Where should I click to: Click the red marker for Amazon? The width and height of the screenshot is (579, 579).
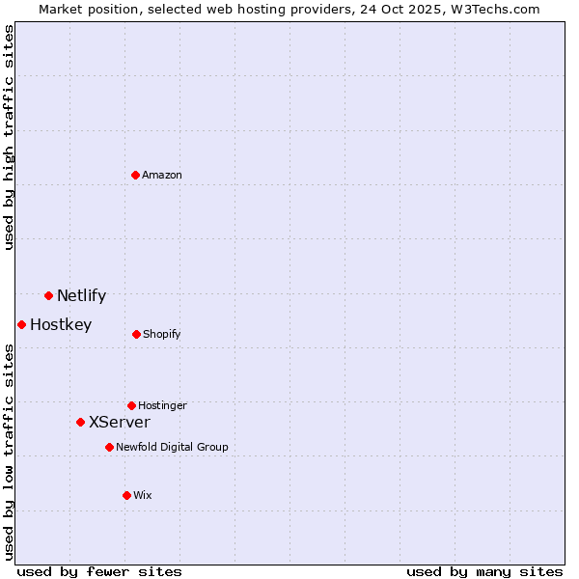135,175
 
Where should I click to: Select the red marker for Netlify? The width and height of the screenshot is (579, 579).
48,295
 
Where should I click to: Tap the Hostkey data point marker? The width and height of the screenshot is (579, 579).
21,324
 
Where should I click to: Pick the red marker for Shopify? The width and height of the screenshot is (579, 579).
136,334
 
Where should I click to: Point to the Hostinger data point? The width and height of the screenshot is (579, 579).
131,405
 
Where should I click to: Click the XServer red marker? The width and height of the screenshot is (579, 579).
80,422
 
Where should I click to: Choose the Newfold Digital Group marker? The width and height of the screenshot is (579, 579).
109,447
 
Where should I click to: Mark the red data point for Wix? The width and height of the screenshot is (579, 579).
126,495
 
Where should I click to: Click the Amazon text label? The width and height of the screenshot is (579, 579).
162,175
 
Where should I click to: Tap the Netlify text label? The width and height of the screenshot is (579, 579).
81,296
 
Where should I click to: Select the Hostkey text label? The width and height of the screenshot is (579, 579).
61,325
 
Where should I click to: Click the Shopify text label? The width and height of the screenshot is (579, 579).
161,335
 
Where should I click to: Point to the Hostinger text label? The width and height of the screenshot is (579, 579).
162,405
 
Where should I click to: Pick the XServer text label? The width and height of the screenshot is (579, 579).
120,423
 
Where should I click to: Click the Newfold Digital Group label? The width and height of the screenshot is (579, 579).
172,447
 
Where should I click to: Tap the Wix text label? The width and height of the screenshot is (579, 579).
143,495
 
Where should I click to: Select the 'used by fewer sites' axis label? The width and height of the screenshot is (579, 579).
99,571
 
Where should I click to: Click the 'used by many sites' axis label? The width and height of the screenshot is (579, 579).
484,571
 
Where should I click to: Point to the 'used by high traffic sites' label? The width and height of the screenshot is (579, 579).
9,137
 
